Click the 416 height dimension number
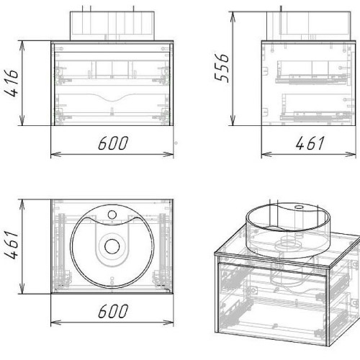[12, 83]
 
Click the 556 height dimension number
[221, 68]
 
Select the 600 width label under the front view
[113, 143]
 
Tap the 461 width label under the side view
[310, 143]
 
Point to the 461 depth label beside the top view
[12, 245]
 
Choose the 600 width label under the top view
[113, 311]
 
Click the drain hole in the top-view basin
[112, 246]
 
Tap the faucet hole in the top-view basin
[112, 215]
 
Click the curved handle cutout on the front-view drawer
[112, 97]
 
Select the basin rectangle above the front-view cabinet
[112, 25]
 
